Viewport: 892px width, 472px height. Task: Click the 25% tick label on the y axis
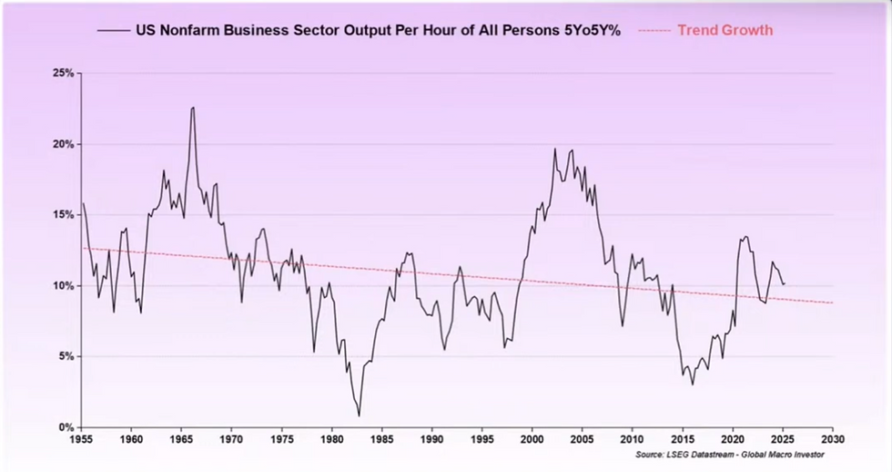point(62,73)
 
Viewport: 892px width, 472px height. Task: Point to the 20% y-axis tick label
point(62,144)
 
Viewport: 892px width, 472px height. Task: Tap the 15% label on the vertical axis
point(62,214)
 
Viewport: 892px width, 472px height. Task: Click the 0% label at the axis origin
point(66,426)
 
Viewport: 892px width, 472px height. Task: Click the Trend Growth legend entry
point(725,30)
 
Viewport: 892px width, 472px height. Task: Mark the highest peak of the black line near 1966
point(193,108)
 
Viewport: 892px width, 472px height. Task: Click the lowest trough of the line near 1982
point(359,416)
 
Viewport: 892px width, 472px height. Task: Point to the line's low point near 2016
point(693,384)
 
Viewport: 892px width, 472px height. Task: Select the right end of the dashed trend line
point(832,303)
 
